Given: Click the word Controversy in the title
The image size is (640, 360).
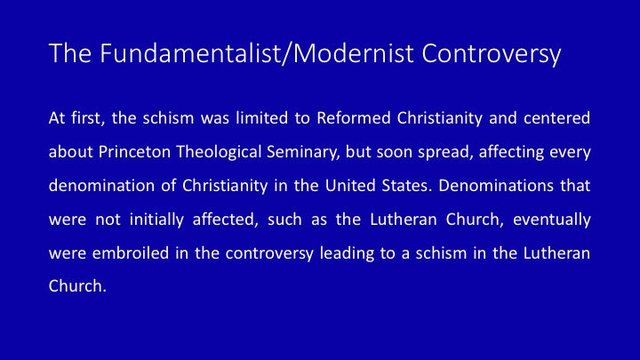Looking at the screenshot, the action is tap(492, 54).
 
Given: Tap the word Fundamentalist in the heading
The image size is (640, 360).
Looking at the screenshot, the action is tap(189, 53).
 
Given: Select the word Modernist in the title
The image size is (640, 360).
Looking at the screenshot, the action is tap(354, 53).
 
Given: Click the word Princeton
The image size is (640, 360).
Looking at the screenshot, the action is tap(135, 152).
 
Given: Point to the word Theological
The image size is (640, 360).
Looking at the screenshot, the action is tap(219, 152).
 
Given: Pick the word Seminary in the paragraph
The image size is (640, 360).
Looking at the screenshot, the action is tap(303, 153).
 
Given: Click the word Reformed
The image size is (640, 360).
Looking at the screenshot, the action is tap(354, 118).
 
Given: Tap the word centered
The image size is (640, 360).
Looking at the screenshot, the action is tap(556, 118).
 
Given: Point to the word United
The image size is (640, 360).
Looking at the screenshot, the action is tap(350, 186).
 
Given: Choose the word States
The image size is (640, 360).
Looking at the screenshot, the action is tap(406, 186).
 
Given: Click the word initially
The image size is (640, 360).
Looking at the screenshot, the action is tap(156, 220).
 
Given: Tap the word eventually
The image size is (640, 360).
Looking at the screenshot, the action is tap(552, 220).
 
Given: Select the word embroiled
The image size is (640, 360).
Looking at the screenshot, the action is tap(131, 253).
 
